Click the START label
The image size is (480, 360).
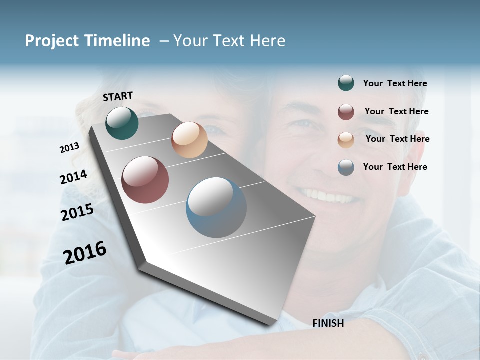(118, 96)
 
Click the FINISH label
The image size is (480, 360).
(328, 323)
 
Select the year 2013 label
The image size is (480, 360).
(69, 148)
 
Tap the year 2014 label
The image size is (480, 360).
(73, 177)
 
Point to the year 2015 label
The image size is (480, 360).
(77, 213)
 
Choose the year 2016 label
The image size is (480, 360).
(85, 253)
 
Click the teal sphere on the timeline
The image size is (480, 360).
(122, 123)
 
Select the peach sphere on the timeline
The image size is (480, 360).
(189, 140)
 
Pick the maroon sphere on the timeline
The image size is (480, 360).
(145, 180)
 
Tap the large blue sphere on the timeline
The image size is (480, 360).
(216, 207)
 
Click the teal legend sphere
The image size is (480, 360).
(346, 83)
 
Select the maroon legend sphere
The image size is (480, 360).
(346, 112)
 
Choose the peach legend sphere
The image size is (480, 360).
(346, 140)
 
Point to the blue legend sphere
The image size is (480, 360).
(346, 167)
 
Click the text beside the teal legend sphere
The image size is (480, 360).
(395, 84)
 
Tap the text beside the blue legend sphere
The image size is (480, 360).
(395, 167)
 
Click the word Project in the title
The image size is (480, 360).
(52, 41)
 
